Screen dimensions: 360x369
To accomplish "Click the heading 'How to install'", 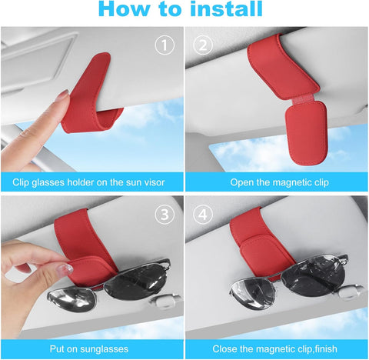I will click(184, 11).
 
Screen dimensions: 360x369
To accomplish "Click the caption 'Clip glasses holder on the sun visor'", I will click(91, 183).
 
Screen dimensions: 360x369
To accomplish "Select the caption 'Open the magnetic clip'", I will click(277, 183).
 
